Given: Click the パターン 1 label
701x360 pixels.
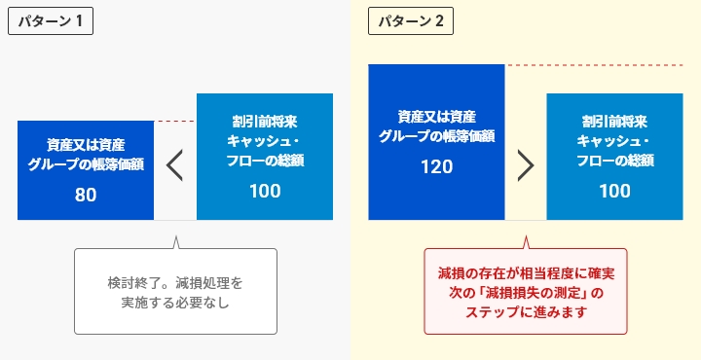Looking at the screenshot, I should (50, 20).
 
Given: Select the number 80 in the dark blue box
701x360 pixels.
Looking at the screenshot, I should (86, 195).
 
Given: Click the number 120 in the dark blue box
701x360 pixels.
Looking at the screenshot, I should (436, 166).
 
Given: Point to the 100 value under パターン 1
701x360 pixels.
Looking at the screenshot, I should (265, 191).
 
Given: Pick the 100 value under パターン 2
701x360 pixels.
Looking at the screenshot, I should (614, 191).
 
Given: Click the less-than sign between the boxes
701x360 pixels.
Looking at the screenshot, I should (175, 165).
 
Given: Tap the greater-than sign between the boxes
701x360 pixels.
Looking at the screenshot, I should (526, 165).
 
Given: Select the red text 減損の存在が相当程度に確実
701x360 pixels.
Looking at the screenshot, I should (526, 274).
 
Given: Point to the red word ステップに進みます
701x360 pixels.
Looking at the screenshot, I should (526, 311).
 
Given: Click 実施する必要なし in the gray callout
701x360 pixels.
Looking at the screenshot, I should (175, 303).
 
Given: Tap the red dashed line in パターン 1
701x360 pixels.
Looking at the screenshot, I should (175, 122).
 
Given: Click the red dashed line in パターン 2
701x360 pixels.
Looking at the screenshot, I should (602, 65).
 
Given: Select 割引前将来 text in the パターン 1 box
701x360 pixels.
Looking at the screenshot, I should (265, 122).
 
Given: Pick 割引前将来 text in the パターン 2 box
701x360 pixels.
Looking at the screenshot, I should (614, 122).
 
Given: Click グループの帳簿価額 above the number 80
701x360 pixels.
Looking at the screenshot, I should (86, 163).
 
